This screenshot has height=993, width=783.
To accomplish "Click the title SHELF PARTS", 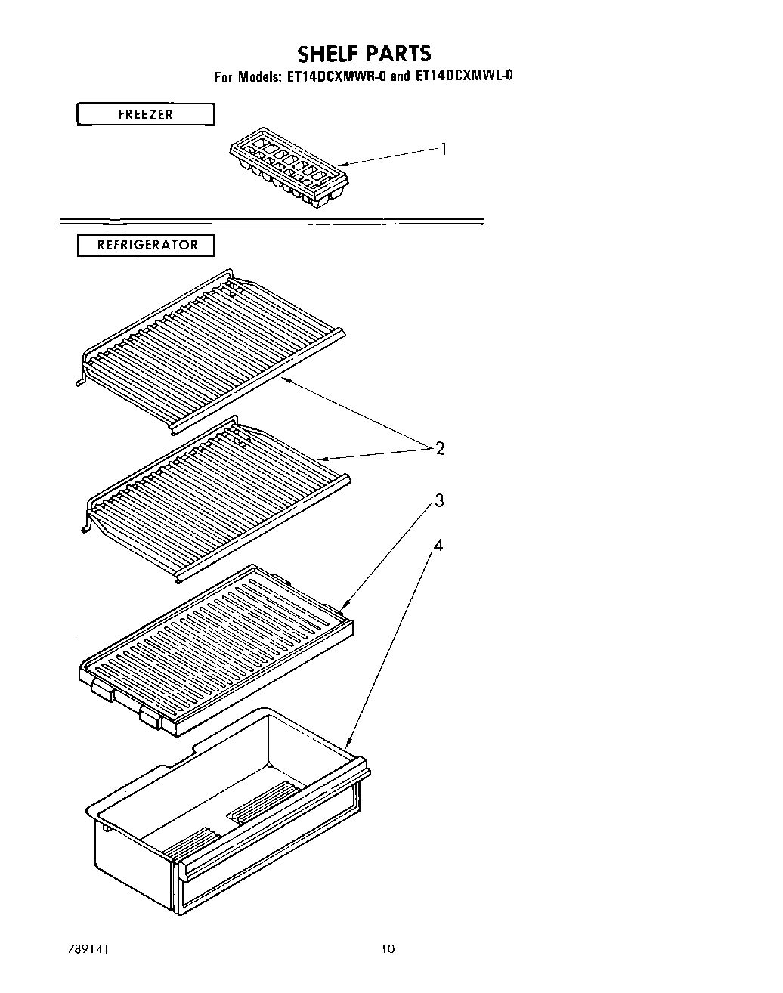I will click(364, 54).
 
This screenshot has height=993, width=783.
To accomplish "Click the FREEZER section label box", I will click(145, 115).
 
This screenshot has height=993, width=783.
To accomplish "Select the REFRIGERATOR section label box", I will click(146, 246).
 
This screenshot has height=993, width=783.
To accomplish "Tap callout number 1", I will click(444, 149).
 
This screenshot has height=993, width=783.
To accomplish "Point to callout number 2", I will click(439, 448).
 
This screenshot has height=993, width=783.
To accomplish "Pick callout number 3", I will click(438, 501).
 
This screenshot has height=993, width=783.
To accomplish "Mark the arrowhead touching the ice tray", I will click(342, 164).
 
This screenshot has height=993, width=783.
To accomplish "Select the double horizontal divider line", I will click(272, 221).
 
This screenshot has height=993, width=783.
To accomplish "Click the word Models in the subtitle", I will click(259, 76).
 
